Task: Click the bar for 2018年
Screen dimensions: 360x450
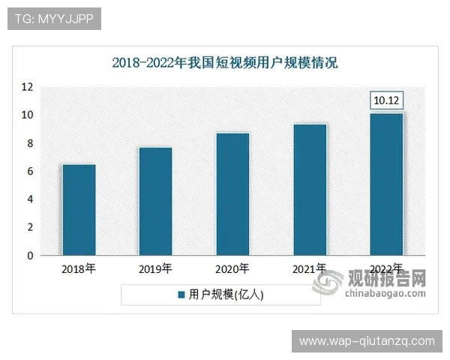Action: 79,210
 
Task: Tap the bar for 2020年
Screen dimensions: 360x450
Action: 232,194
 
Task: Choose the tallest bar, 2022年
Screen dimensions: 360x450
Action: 387,184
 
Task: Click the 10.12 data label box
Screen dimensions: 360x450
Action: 387,100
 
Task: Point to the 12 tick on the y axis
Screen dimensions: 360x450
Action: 27,87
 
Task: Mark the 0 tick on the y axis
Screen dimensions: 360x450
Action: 30,256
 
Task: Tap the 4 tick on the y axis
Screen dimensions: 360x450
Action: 30,199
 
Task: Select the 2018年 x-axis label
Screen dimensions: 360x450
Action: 79,268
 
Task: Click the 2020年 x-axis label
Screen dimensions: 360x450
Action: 232,268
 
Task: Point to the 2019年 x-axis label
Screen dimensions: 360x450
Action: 155,268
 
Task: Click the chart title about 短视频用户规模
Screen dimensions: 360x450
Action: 225,62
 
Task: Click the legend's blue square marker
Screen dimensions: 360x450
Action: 181,295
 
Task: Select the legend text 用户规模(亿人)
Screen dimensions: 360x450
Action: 226,295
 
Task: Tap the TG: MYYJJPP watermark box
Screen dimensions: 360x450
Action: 54,19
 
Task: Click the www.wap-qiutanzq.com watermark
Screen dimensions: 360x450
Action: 367,341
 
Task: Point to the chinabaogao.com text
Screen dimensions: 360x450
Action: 385,294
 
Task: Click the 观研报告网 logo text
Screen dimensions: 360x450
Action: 387,278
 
